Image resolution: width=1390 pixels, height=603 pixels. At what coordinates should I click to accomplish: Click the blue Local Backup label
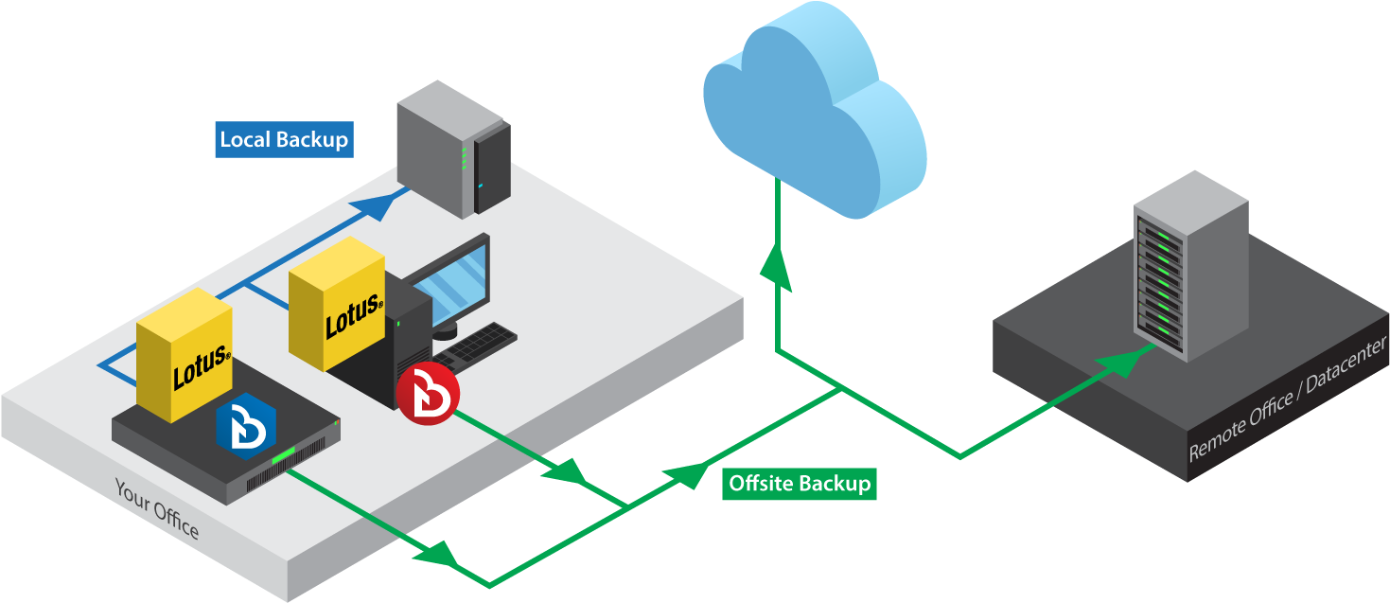point(284,139)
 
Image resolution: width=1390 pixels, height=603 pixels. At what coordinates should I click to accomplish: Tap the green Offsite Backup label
point(799,484)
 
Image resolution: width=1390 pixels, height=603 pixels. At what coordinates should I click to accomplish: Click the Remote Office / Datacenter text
point(1287,399)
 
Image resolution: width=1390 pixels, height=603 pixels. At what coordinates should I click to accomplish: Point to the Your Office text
point(157,509)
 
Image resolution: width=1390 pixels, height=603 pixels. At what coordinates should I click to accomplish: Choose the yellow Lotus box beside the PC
point(336,304)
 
